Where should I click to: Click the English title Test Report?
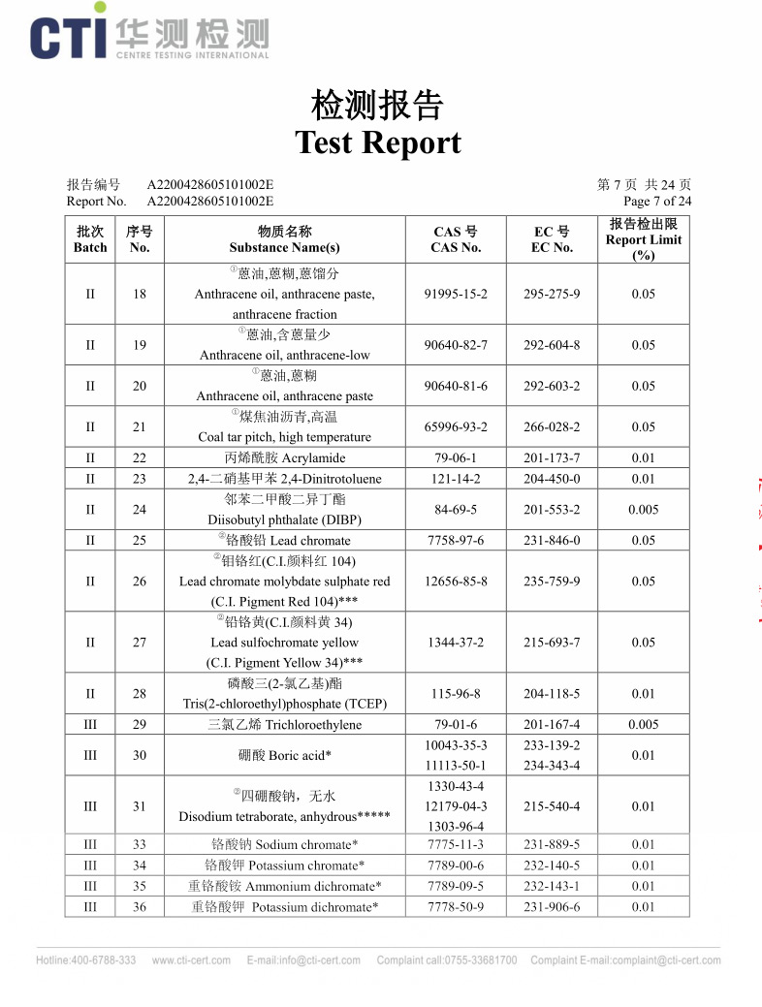[378, 142]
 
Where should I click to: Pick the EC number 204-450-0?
[552, 478]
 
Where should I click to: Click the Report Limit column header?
[643, 239]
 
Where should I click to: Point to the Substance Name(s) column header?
[284, 239]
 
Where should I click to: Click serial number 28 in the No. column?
[140, 694]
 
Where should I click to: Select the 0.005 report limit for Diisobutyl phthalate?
[643, 509]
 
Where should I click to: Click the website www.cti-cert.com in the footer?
[191, 960]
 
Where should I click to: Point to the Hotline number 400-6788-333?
[86, 960]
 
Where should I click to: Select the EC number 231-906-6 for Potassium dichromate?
[552, 907]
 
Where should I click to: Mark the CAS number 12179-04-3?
[456, 806]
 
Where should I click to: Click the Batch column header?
[90, 239]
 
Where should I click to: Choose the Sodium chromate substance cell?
[285, 845]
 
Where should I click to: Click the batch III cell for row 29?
[90, 725]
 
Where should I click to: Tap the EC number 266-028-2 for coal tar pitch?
[552, 426]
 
